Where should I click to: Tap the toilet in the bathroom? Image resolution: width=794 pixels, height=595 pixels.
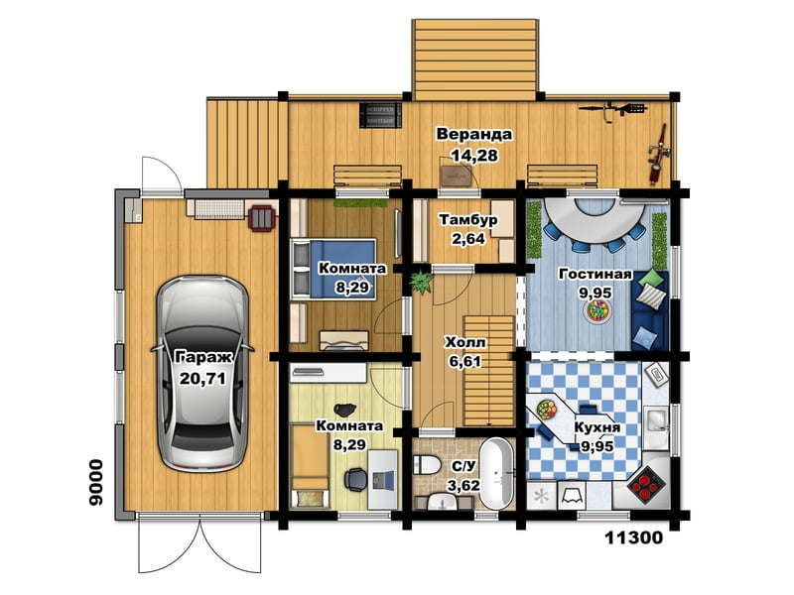click(426, 464)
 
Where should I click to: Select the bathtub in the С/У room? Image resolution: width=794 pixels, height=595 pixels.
click(496, 474)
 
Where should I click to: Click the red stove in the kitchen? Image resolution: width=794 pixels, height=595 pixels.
click(646, 483)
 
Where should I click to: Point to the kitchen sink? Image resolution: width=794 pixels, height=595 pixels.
click(657, 421)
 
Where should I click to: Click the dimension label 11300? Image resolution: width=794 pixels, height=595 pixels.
click(634, 537)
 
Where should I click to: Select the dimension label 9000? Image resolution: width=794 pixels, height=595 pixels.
click(96, 482)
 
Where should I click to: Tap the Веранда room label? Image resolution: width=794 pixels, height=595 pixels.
click(474, 135)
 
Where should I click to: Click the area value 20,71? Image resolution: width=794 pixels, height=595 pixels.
click(202, 378)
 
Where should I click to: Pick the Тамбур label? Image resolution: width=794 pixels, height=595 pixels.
click(468, 220)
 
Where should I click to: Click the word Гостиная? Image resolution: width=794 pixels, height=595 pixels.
click(595, 275)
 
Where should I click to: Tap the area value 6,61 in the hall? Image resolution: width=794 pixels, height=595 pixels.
click(464, 361)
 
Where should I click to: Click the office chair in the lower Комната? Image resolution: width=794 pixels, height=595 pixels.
click(356, 479)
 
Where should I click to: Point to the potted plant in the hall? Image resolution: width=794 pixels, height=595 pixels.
click(420, 282)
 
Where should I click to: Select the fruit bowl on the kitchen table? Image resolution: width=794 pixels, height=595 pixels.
click(547, 408)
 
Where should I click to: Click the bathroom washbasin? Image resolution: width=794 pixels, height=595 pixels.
click(443, 502)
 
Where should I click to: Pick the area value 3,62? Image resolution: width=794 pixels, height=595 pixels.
click(463, 486)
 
